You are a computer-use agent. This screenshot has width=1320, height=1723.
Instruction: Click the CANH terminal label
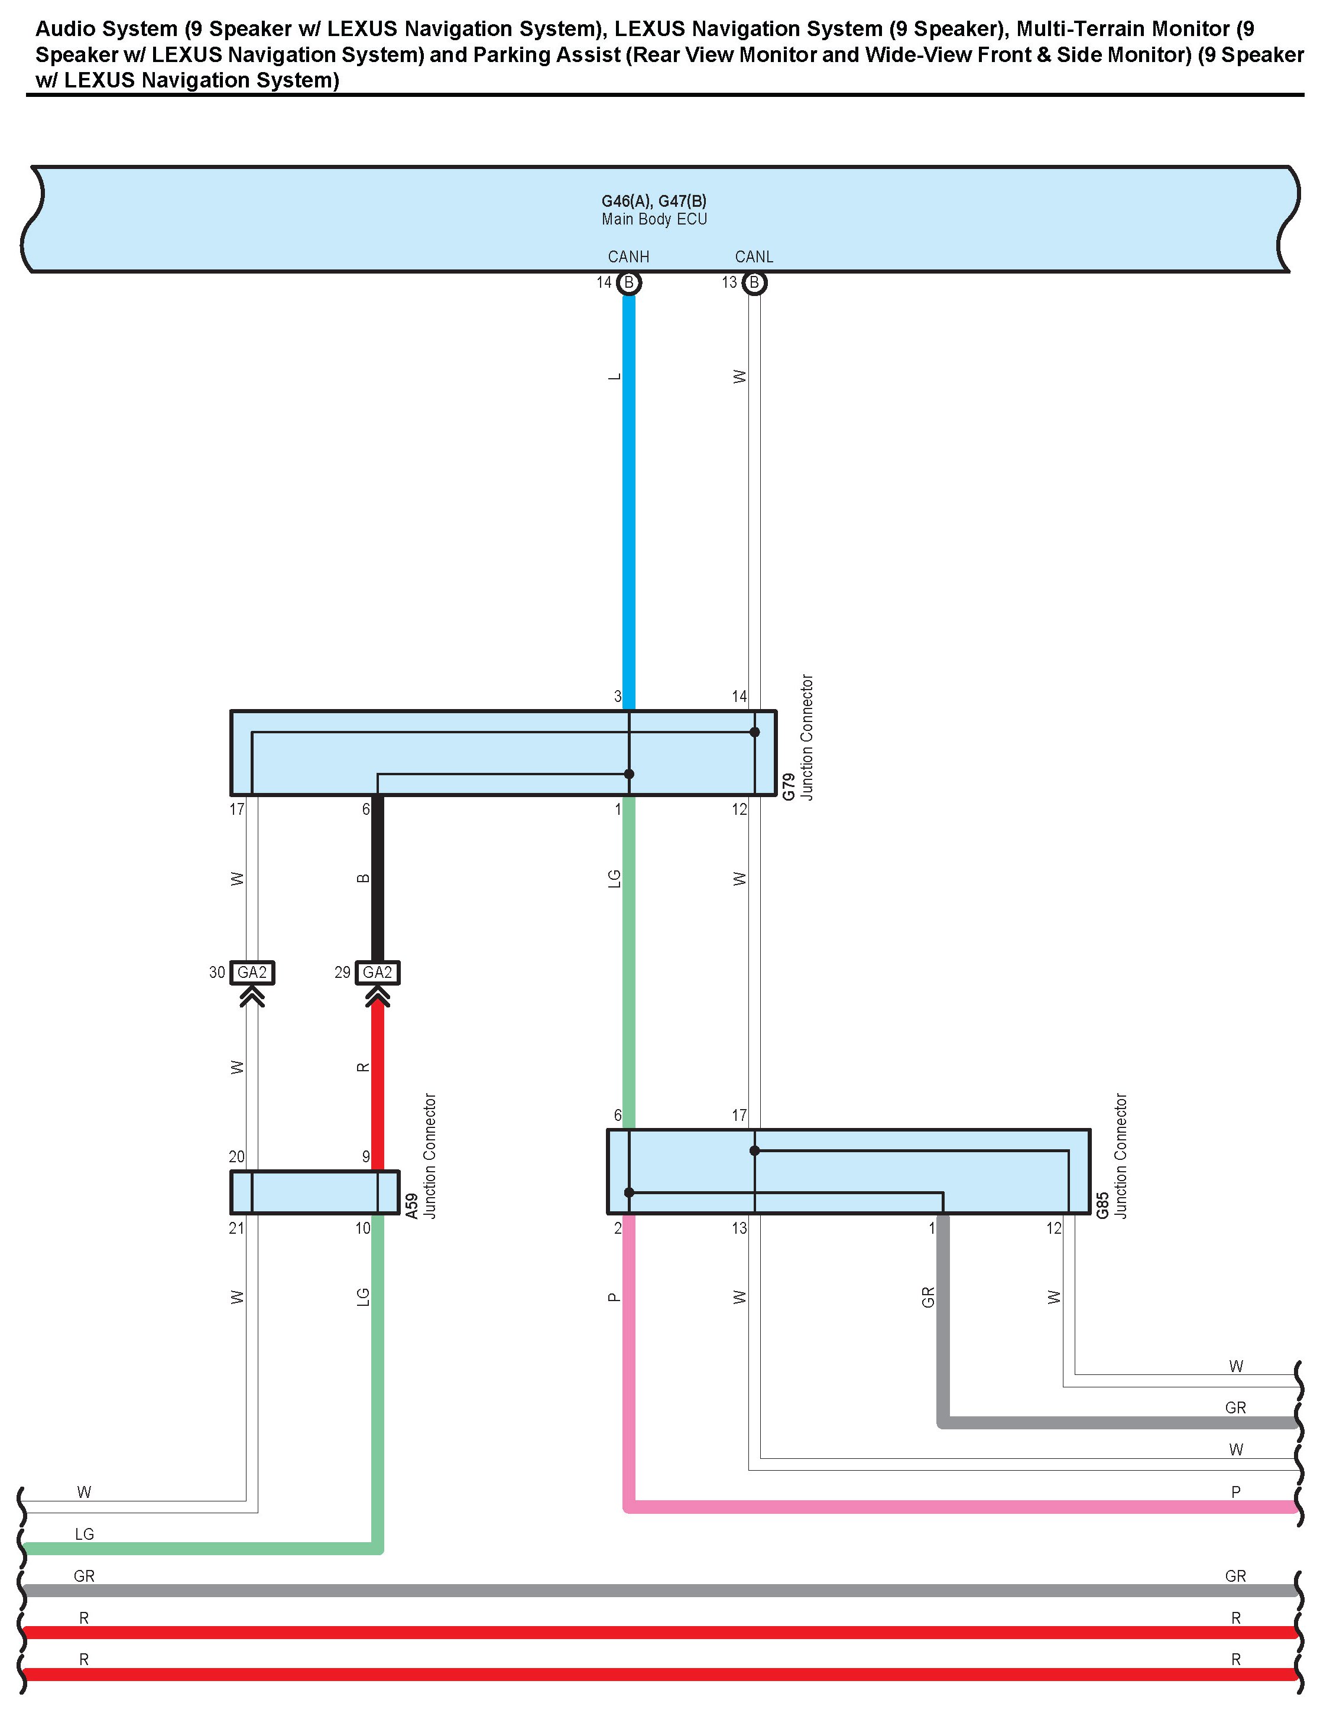pos(628,257)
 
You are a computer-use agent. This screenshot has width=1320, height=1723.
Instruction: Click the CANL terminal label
pos(754,257)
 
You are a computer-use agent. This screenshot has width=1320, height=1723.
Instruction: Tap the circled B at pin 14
pos(628,282)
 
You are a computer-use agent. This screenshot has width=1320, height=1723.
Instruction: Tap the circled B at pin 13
pos(754,282)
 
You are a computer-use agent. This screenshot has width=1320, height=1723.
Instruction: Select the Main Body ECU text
pos(654,219)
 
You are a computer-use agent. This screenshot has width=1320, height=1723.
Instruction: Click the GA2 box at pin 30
pos(252,972)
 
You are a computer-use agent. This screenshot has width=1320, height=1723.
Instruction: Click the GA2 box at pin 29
pos(377,972)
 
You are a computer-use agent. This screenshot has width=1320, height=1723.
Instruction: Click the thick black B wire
pos(377,880)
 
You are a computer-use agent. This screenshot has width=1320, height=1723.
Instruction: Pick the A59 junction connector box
pos(314,1192)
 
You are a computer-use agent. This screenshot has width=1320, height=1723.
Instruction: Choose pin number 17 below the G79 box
pos(236,809)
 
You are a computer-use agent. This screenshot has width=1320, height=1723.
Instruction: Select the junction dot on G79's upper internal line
pos(754,732)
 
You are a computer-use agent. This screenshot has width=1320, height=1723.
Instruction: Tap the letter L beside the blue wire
pos(614,377)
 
